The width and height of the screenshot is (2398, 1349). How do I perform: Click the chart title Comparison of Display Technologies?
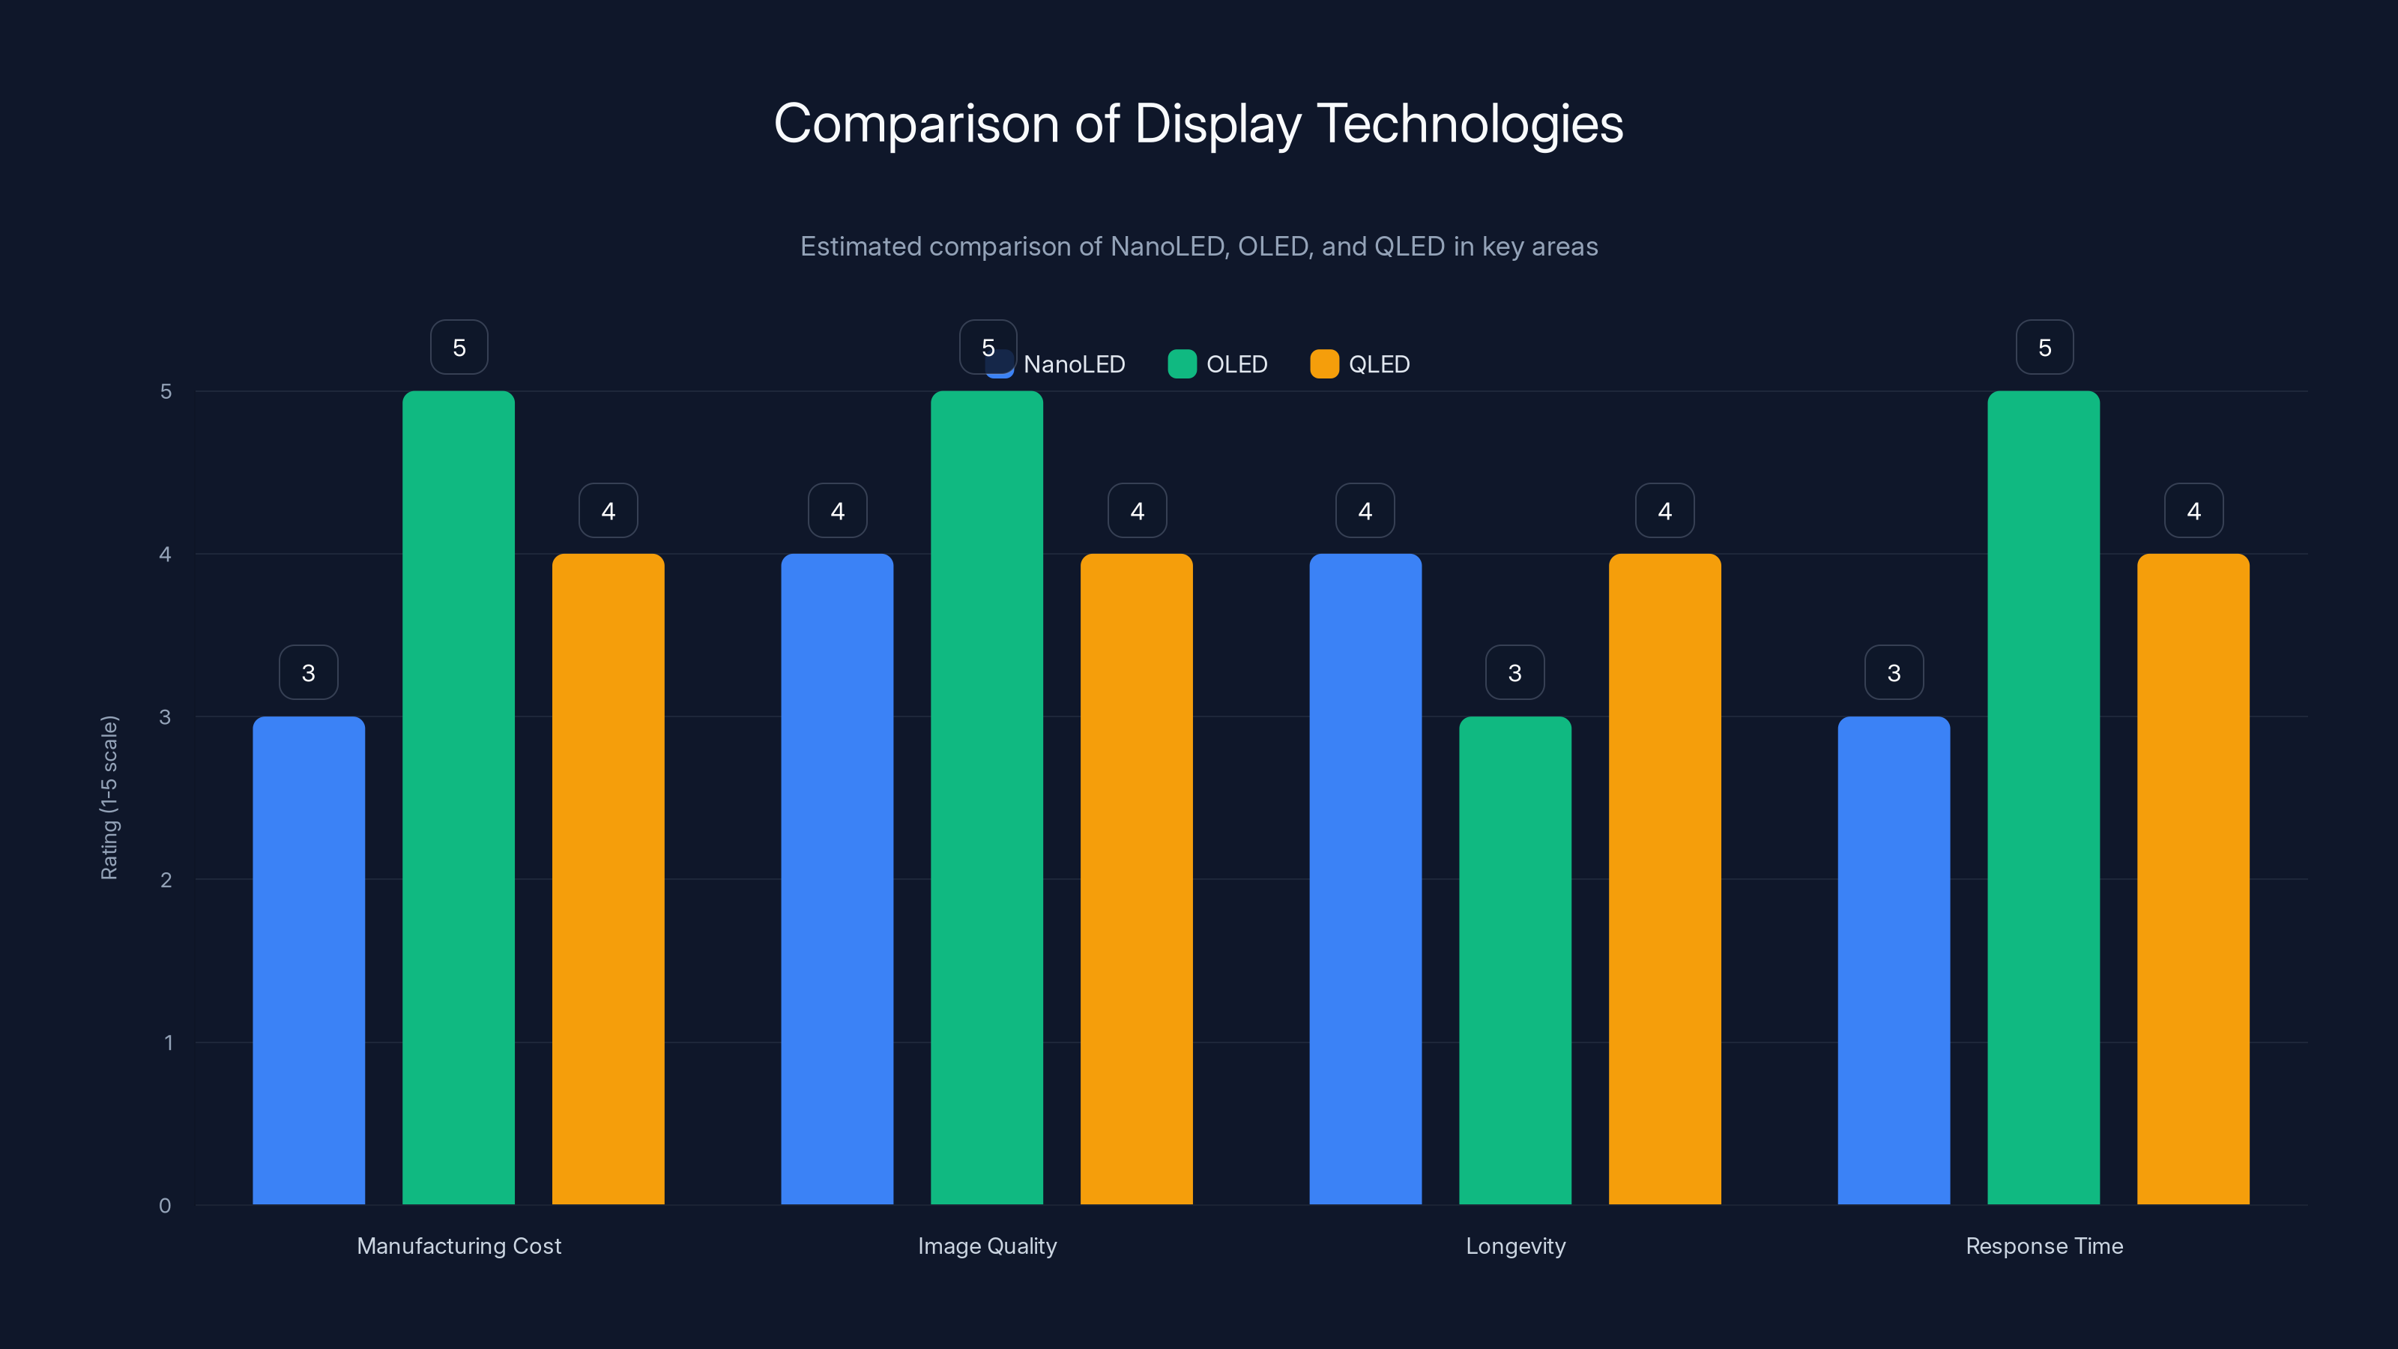click(1198, 124)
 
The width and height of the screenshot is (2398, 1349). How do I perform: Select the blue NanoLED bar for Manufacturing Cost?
click(308, 959)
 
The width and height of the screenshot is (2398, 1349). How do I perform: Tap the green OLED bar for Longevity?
click(1514, 959)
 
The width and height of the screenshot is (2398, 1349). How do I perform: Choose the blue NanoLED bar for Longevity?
click(1365, 879)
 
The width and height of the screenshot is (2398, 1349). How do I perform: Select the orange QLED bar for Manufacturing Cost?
click(608, 879)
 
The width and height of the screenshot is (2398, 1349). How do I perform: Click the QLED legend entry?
click(1360, 364)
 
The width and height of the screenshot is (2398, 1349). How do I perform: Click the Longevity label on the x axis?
click(1515, 1246)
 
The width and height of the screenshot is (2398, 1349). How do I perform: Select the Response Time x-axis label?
click(2044, 1246)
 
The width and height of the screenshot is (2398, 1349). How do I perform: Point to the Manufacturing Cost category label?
click(459, 1246)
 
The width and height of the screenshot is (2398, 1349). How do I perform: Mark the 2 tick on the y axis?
click(166, 880)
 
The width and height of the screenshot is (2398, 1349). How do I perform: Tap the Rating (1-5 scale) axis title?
click(110, 797)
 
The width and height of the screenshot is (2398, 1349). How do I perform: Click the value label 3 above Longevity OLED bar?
click(1514, 672)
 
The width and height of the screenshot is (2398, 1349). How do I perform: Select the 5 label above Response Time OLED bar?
click(2044, 347)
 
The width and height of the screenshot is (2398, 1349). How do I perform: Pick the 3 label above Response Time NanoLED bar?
click(1894, 672)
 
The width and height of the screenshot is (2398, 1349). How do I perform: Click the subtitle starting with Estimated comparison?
click(1198, 246)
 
